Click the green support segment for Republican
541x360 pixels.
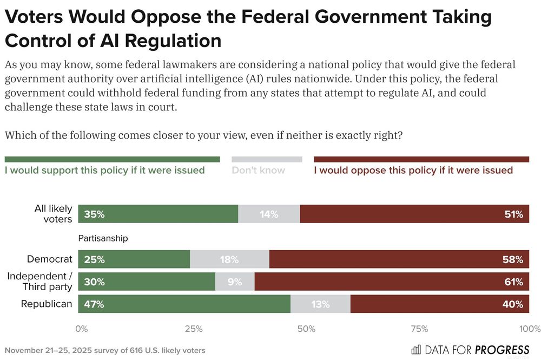[x=184, y=304]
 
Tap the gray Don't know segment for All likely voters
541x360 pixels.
[x=269, y=214]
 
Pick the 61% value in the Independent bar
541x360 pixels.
[x=513, y=282]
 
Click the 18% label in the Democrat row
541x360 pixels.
[x=229, y=260]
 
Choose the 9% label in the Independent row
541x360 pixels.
[x=235, y=282]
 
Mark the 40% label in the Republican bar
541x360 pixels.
[x=513, y=304]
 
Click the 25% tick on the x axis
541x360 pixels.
[x=194, y=329]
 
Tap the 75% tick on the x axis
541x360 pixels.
[x=419, y=329]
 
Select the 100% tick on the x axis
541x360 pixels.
[x=529, y=329]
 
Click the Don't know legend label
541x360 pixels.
[x=258, y=170]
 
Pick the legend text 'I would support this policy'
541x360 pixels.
[x=105, y=170]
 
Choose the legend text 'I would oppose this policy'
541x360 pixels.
[x=413, y=170]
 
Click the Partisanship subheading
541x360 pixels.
[x=103, y=238]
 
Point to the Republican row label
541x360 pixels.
[x=47, y=304]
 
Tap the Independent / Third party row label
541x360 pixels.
[x=39, y=282]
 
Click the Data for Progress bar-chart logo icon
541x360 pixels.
[x=416, y=349]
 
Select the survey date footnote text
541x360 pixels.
[x=105, y=350]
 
